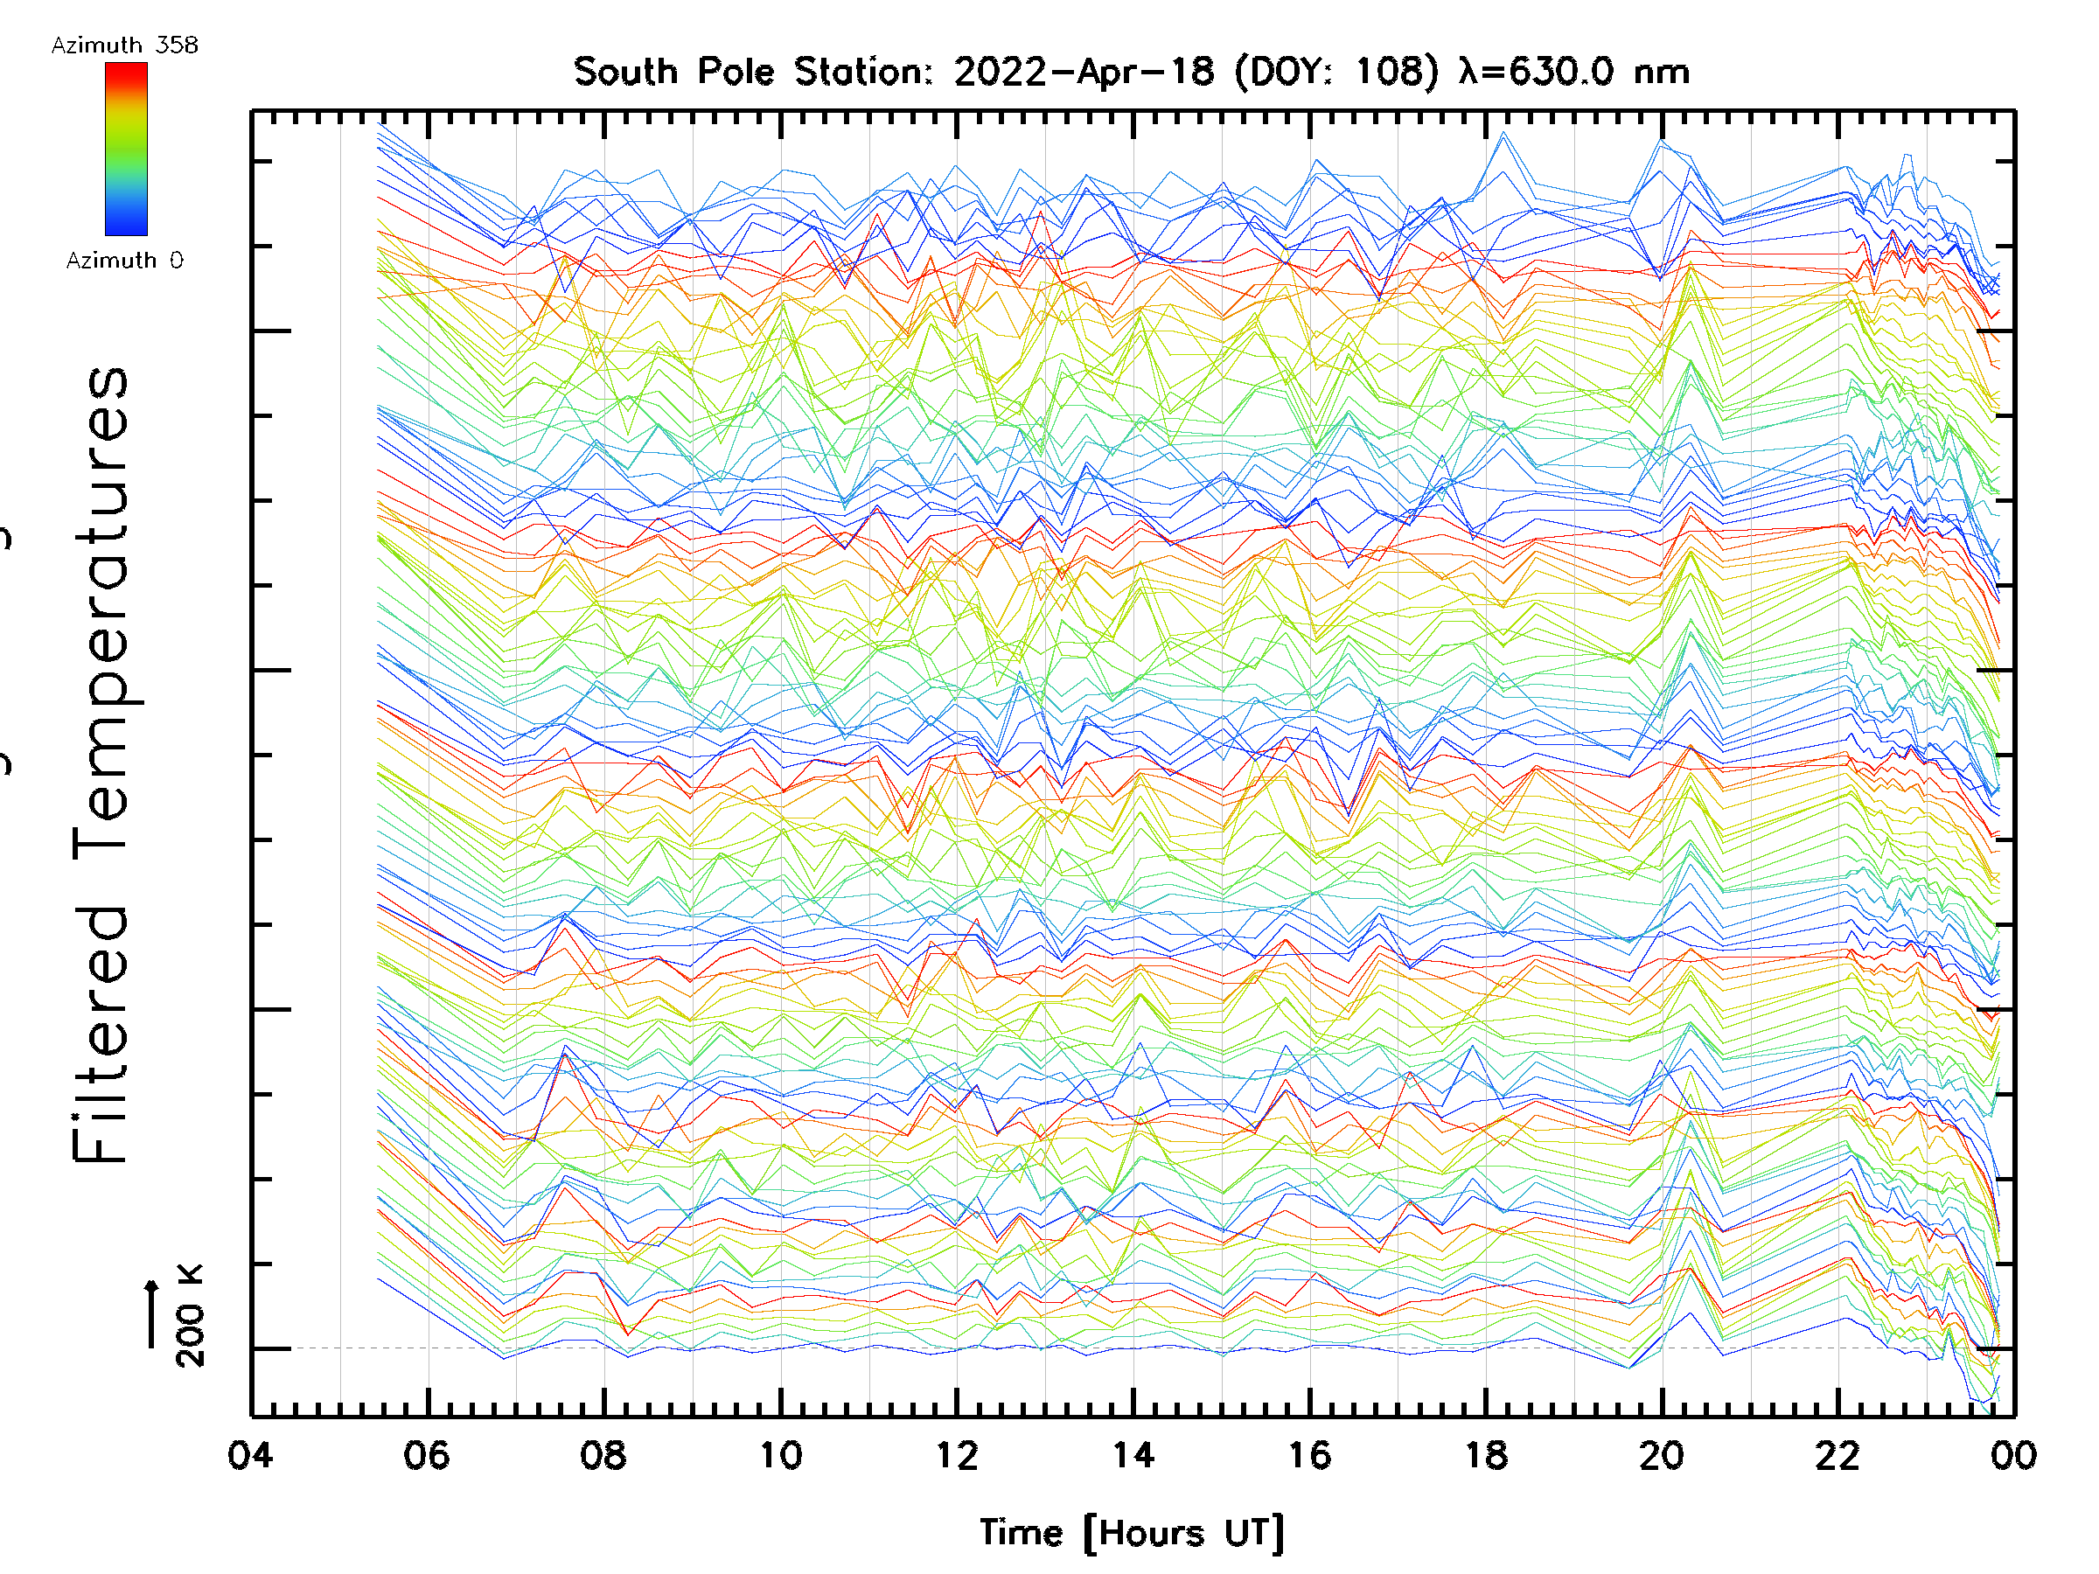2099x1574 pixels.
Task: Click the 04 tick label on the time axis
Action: [x=250, y=1455]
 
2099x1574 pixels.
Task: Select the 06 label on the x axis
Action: [x=427, y=1455]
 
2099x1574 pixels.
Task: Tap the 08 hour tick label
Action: [x=603, y=1455]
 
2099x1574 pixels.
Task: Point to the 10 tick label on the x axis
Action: [x=780, y=1455]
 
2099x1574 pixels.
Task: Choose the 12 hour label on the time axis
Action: [x=957, y=1455]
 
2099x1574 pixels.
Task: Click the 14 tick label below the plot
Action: [x=1133, y=1455]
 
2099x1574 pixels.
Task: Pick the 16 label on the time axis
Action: [x=1309, y=1455]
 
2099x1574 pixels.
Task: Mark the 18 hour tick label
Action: [x=1486, y=1455]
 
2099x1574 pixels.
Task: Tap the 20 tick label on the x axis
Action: [x=1662, y=1455]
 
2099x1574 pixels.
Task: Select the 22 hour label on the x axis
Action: [x=1838, y=1455]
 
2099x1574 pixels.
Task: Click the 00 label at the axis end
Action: [x=2012, y=1455]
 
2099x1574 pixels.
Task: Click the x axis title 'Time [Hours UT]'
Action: [x=1132, y=1533]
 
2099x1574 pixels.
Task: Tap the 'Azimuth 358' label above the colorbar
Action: [x=124, y=45]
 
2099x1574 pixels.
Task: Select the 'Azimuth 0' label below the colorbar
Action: [x=124, y=261]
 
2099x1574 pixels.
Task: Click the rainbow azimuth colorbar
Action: [x=126, y=149]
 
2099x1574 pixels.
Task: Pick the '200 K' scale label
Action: [x=190, y=1316]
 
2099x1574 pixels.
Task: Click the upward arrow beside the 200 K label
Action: [x=152, y=1314]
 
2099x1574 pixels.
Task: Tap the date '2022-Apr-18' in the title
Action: [x=1084, y=72]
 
